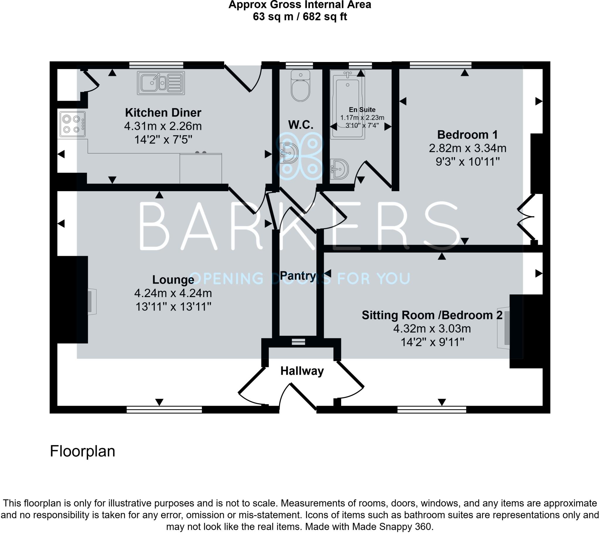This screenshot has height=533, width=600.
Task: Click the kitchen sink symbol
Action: click(x=161, y=83)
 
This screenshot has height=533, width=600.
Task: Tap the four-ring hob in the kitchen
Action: click(x=72, y=124)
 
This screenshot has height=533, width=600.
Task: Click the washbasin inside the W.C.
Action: click(x=289, y=153)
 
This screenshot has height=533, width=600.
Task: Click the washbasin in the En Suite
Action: click(x=340, y=169)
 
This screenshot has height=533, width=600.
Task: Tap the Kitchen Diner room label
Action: click(x=163, y=113)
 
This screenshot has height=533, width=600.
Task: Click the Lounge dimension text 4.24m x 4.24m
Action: click(x=173, y=293)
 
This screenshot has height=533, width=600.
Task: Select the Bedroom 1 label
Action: click(x=467, y=135)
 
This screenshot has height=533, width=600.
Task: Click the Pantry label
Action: click(x=297, y=276)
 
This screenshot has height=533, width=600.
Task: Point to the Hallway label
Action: click(x=302, y=371)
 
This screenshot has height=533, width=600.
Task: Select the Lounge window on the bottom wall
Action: click(x=164, y=409)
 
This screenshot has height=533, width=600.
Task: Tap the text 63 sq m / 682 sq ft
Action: click(x=300, y=17)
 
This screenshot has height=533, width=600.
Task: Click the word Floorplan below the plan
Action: click(x=83, y=451)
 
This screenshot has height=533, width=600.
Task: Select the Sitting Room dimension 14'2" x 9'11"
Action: click(x=432, y=342)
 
